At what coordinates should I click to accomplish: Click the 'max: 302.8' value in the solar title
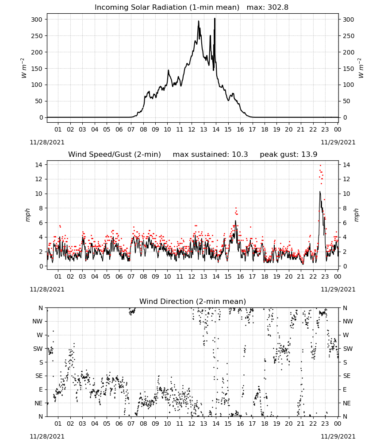pos(268,7)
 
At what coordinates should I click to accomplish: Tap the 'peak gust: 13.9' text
pos(288,154)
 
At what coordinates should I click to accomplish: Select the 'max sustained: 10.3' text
pos(211,154)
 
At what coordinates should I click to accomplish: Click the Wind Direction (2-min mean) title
pos(193,301)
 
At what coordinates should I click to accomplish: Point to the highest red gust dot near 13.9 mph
pos(320,165)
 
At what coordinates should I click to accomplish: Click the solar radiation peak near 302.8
pos(215,19)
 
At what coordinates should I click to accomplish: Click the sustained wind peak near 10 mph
pos(320,191)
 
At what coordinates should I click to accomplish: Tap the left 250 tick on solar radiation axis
pos(37,36)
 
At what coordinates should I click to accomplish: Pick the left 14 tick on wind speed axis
pos(39,164)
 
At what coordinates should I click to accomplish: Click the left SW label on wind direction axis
pos(38,349)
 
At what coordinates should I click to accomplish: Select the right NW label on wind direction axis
pos(348,321)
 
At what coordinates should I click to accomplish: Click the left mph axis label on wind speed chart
pos(27,215)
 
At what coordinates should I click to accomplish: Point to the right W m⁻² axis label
pos(361,68)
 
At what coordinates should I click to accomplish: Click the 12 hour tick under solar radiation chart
pos(192,129)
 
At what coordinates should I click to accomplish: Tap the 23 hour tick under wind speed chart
pos(325,276)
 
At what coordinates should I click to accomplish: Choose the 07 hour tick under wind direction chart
pos(131,424)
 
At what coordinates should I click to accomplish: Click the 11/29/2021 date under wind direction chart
pos(338,436)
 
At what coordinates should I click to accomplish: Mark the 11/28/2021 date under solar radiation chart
pos(47,142)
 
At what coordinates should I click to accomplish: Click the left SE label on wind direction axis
pos(39,376)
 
